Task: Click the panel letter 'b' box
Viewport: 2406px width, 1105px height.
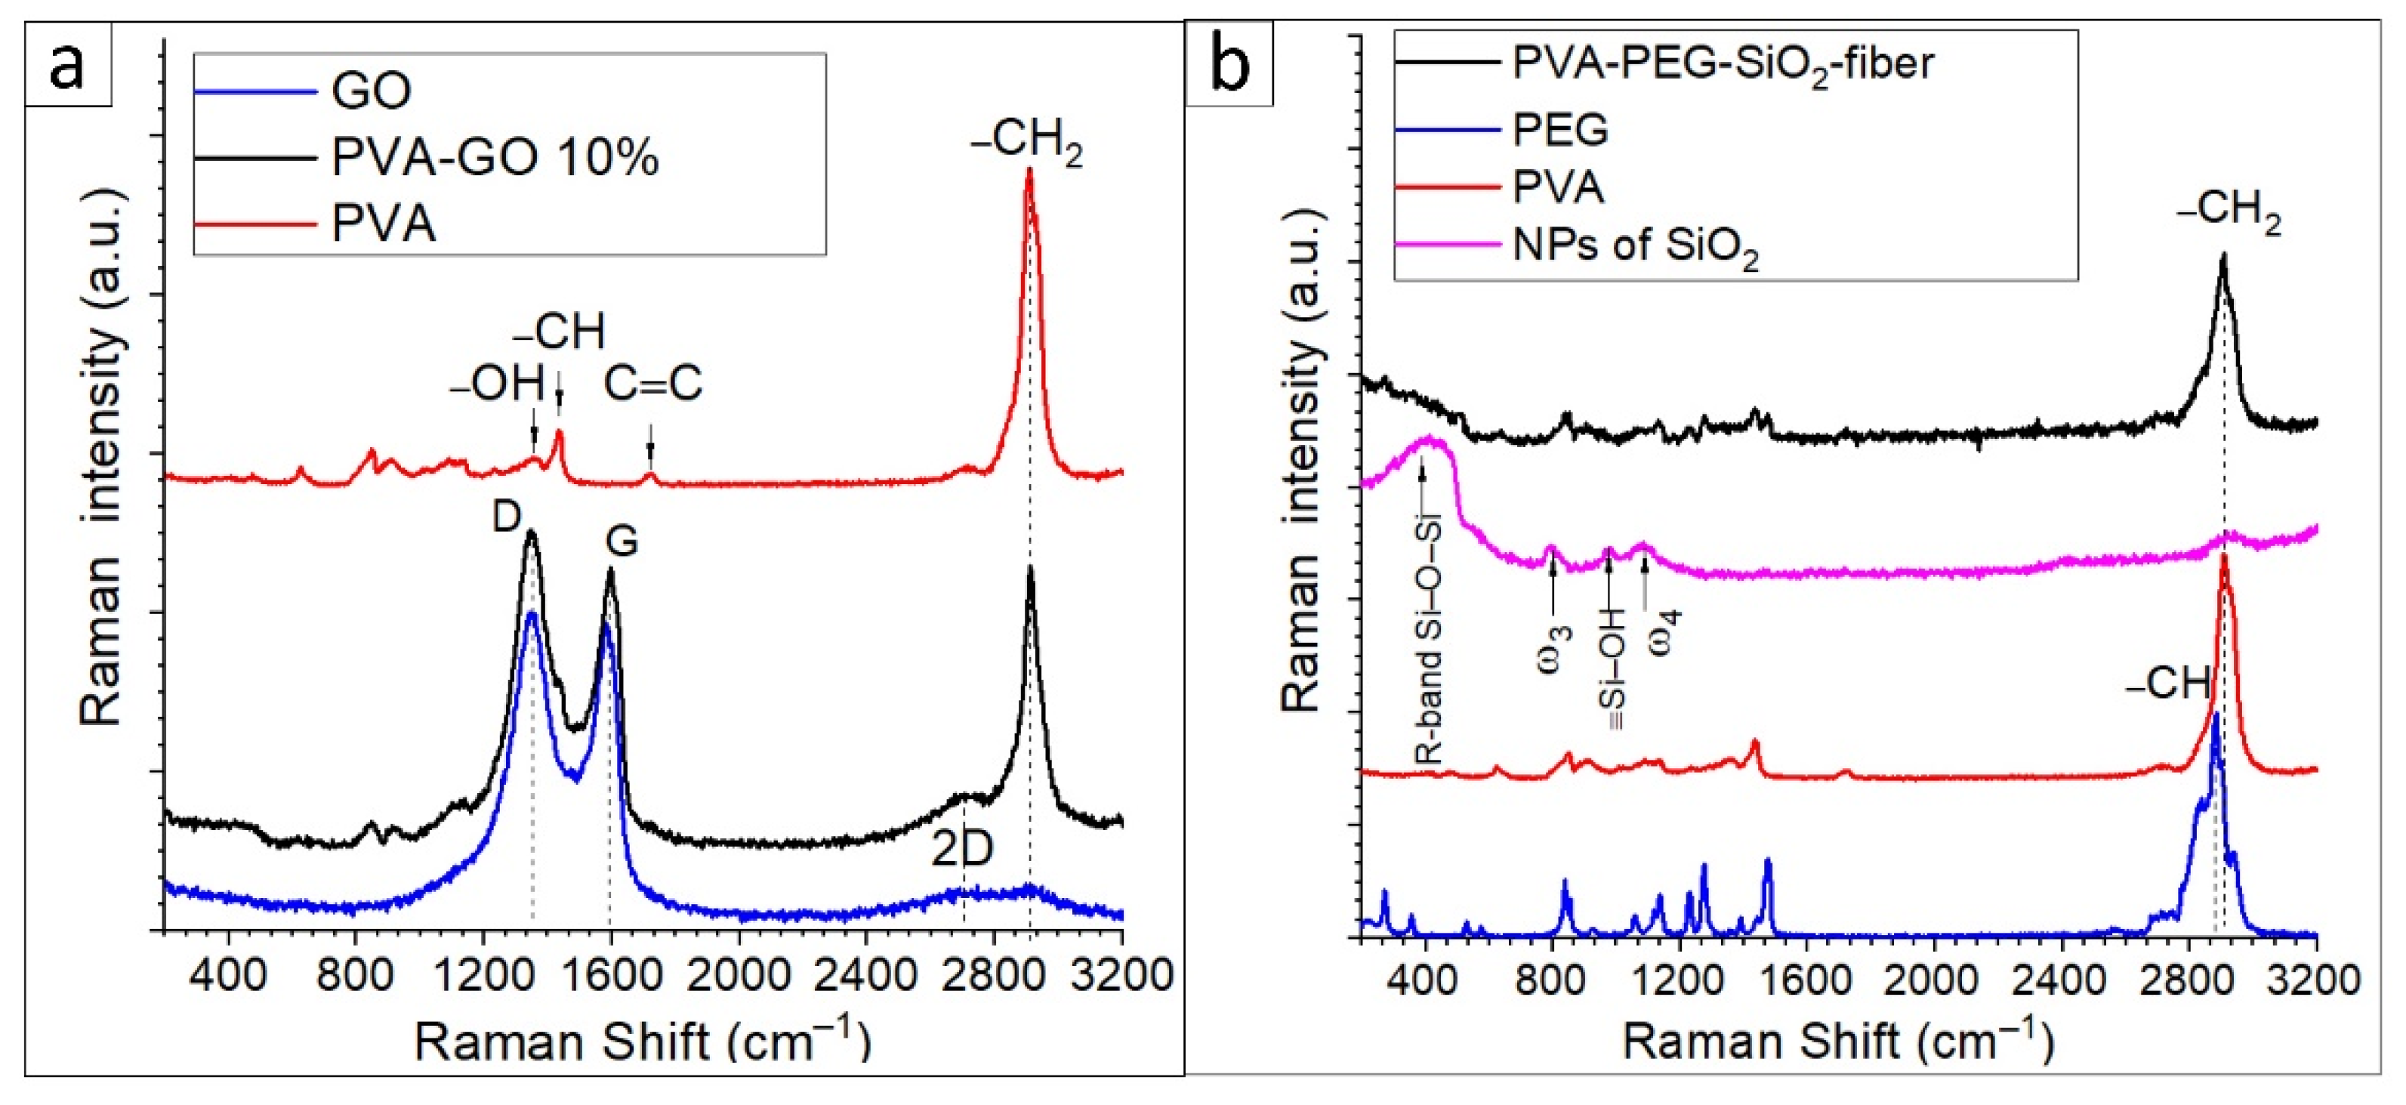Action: (x=1230, y=64)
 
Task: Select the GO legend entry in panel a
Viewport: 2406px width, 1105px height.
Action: (x=371, y=91)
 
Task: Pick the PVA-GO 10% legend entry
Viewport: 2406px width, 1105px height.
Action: (x=495, y=157)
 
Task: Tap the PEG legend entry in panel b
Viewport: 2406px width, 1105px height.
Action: (x=1559, y=129)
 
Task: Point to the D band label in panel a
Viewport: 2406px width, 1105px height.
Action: (x=507, y=516)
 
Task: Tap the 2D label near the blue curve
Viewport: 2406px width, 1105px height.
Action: (x=962, y=849)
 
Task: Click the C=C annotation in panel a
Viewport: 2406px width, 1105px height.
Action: (x=653, y=384)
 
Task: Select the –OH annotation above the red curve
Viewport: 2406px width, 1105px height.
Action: (x=498, y=384)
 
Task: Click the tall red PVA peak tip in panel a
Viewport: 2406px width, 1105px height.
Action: (x=1029, y=171)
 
